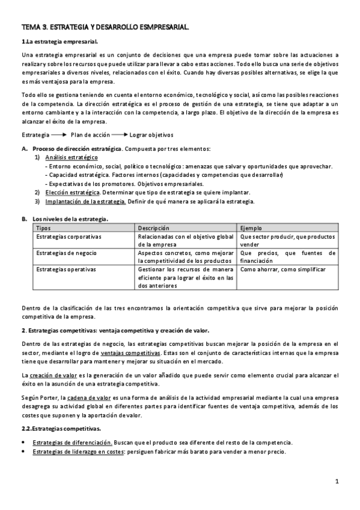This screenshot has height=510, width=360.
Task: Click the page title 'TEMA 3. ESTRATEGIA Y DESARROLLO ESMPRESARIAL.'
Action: (x=105, y=27)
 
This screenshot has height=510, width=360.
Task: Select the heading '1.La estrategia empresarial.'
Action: (x=59, y=41)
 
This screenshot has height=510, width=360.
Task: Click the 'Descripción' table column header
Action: (x=154, y=229)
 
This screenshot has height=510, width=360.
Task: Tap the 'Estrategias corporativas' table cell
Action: (x=69, y=237)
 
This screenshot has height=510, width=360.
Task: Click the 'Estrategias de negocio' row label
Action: (x=66, y=254)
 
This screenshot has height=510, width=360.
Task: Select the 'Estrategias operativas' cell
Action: (x=66, y=270)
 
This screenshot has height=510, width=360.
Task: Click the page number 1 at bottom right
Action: (x=338, y=482)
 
